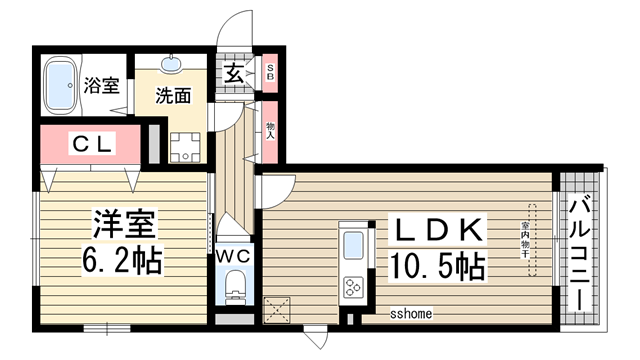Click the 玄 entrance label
pyautogui.click(x=232, y=73)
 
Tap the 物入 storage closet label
pyautogui.click(x=270, y=129)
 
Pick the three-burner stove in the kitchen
pyautogui.click(x=354, y=288)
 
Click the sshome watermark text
pyautogui.click(x=411, y=314)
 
